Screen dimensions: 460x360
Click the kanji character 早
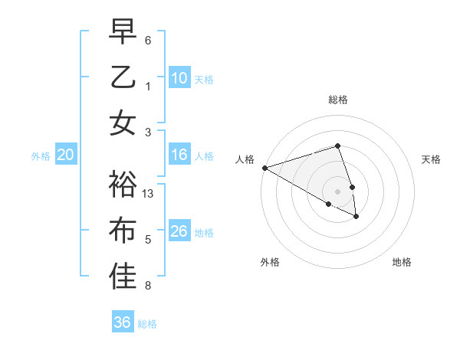(123, 32)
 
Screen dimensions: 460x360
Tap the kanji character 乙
(123, 77)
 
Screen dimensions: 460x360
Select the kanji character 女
(123, 123)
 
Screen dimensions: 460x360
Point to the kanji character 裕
(123, 185)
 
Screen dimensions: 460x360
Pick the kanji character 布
(123, 231)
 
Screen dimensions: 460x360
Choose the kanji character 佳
(123, 277)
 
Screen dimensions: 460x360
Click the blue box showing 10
(179, 78)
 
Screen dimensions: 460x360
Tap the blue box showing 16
(179, 155)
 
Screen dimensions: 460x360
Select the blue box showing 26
(179, 231)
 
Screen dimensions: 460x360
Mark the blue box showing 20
(66, 155)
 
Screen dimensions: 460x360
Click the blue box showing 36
(123, 322)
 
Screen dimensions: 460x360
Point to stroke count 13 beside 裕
(149, 194)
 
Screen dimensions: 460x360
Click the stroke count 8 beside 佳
(148, 286)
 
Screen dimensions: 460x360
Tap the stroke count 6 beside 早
(148, 40)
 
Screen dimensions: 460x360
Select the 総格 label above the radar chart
(337, 100)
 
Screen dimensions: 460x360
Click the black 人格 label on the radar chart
(245, 159)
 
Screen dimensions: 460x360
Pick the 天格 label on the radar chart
(431, 159)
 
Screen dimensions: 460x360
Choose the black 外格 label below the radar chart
(270, 262)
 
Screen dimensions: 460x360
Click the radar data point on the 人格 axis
(264, 167)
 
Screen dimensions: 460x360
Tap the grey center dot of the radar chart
(337, 191)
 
